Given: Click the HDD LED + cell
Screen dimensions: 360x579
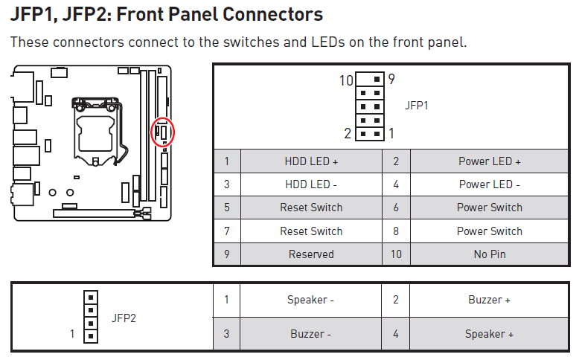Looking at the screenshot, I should tap(311, 161).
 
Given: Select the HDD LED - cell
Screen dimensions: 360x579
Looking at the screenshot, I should tap(311, 184).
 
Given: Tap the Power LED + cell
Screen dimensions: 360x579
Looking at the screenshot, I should tap(489, 161).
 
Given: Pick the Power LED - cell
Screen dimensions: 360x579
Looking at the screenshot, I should tap(489, 184).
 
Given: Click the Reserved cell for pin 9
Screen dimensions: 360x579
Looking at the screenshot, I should tap(311, 254).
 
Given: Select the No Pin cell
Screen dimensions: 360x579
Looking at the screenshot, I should tap(489, 254).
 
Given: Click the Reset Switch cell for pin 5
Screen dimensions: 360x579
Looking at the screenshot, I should tap(311, 208).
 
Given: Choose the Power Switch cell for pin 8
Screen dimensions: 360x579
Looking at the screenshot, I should tap(489, 231).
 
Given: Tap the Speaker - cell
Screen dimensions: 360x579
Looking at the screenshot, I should tap(311, 300).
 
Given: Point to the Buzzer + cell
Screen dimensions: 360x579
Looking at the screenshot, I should tap(489, 300).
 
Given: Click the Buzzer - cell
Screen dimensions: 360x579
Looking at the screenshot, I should tap(311, 334).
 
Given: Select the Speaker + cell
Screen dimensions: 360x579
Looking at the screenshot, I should tap(489, 334).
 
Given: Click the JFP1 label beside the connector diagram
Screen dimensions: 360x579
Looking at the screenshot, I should tap(417, 106).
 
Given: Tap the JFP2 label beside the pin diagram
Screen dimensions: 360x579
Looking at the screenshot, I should tap(124, 318).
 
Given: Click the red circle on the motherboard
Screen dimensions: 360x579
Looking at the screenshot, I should tap(162, 132).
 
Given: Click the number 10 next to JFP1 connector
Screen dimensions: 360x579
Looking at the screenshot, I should tap(346, 80).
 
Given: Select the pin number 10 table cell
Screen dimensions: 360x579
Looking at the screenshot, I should tap(396, 254).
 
